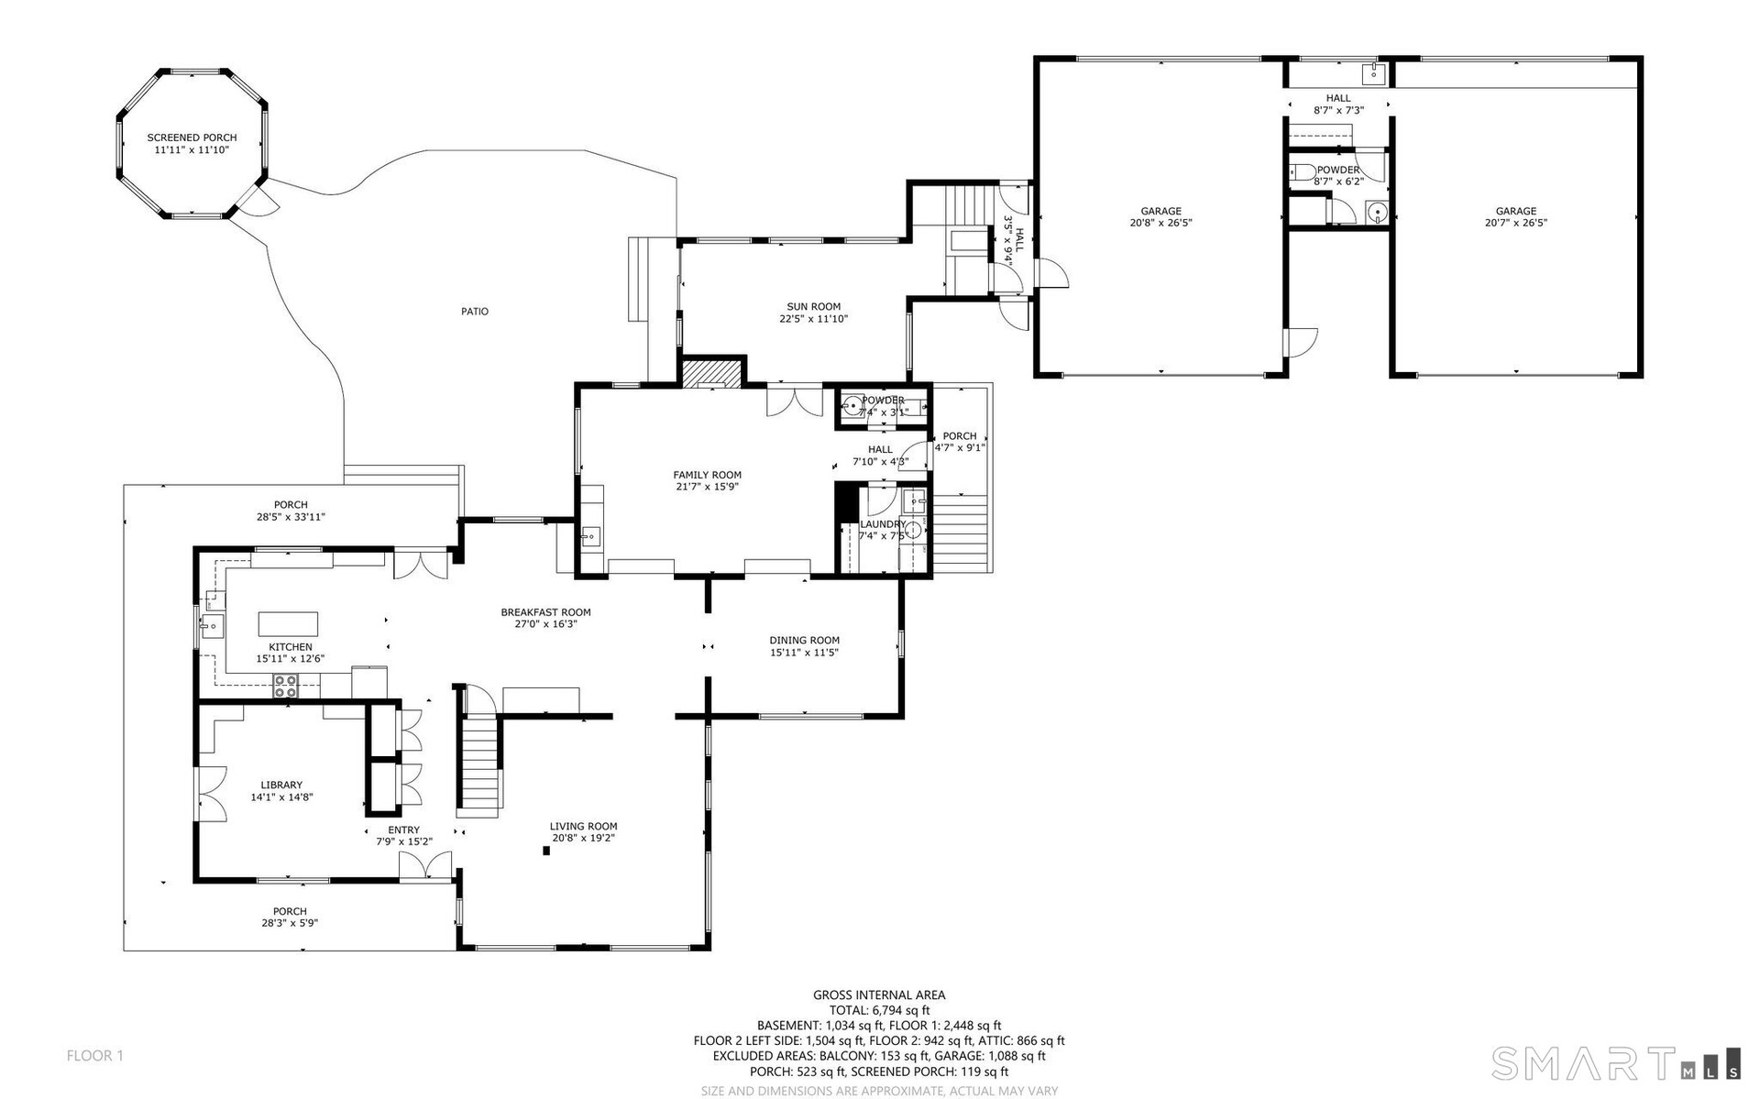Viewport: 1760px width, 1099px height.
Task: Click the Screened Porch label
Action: tap(192, 144)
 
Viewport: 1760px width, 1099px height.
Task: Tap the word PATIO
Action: tap(475, 312)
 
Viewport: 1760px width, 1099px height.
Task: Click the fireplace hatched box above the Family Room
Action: tap(711, 372)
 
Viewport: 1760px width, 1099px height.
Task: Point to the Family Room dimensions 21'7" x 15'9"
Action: tap(707, 487)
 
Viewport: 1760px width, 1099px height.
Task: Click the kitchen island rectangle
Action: tap(288, 623)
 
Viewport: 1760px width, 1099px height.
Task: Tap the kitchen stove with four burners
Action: tap(286, 686)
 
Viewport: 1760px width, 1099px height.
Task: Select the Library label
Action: tap(281, 791)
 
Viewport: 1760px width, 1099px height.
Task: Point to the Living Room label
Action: tap(584, 831)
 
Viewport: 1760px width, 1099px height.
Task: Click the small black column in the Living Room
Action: tap(546, 851)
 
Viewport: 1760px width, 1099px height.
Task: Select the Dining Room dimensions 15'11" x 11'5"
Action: tap(804, 653)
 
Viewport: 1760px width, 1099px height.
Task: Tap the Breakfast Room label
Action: tap(545, 618)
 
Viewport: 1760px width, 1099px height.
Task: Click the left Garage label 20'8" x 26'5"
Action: tap(1160, 216)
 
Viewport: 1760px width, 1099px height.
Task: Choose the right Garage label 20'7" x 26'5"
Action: tap(1516, 216)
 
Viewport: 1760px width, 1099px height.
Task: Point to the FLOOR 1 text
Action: tap(94, 1056)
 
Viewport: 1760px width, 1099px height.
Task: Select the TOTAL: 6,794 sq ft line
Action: tap(879, 1010)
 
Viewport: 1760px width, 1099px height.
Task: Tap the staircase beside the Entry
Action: tap(478, 752)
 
